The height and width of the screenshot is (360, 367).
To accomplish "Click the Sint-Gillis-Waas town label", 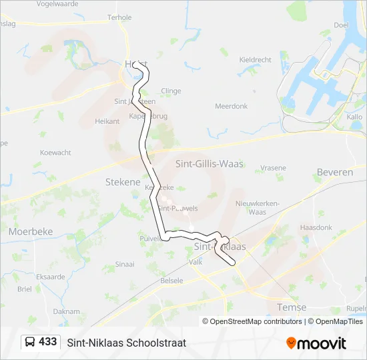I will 209,164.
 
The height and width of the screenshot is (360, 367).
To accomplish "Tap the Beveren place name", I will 335,172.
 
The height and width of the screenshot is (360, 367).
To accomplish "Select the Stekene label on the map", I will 123,181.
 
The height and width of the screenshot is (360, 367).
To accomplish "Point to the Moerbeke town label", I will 31,231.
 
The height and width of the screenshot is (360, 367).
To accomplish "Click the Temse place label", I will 292,307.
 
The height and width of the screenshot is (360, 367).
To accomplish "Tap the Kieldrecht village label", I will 255,59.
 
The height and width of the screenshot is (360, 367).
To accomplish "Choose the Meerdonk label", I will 231,106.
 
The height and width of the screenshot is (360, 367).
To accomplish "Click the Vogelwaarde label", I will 58,4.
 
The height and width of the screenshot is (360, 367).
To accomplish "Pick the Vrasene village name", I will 273,167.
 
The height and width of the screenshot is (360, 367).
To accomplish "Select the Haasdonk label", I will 316,227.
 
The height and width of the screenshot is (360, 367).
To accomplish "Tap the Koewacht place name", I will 55,153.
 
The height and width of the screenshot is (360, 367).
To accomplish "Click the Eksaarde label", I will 51,276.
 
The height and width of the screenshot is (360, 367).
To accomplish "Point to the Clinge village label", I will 171,91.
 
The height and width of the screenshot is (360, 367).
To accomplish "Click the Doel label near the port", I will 342,25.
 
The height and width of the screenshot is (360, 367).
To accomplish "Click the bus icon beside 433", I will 30,342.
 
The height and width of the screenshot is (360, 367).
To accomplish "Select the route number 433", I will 48,342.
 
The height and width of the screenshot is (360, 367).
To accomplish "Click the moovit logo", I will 316,343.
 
